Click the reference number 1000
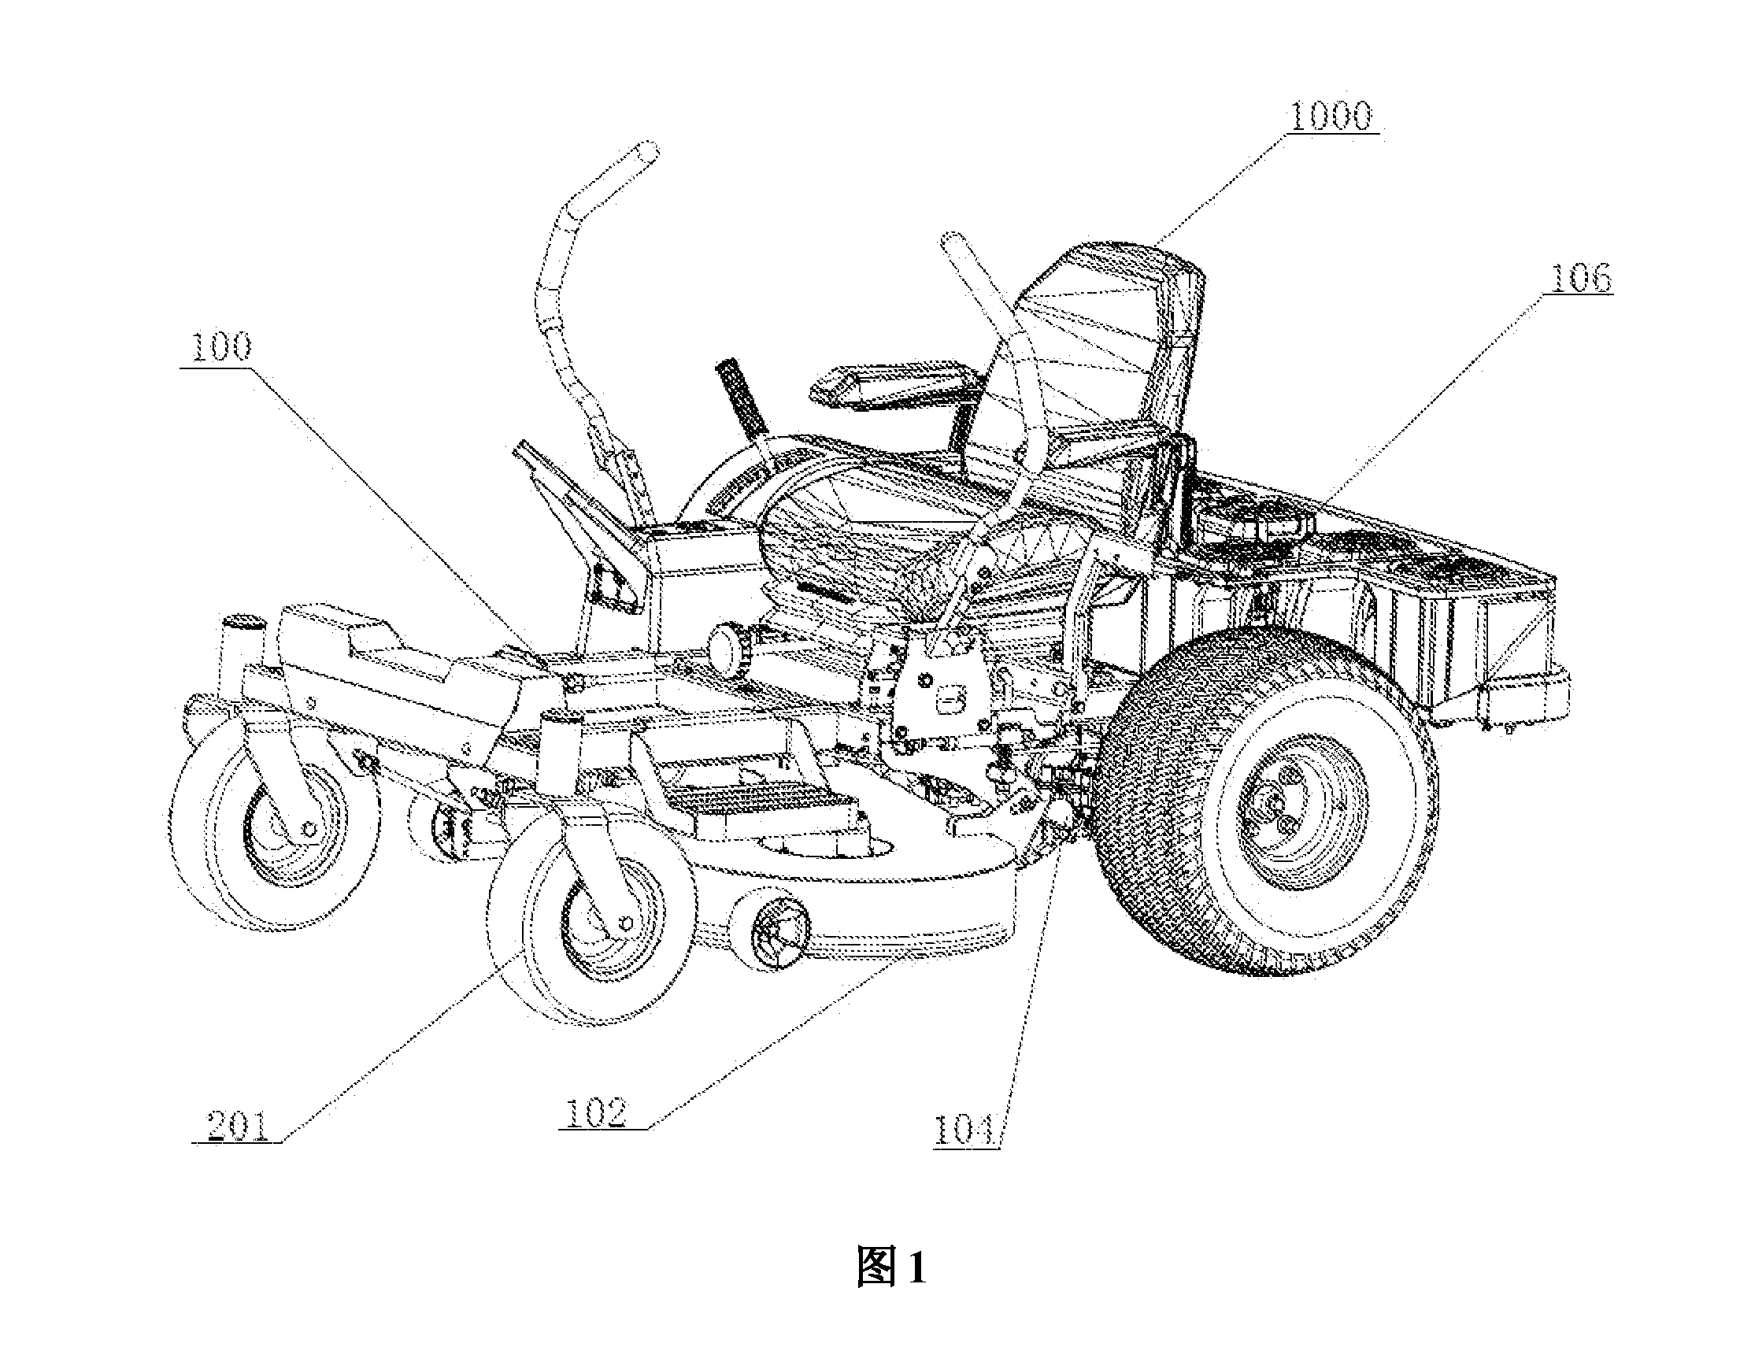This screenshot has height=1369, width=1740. coord(1331,117)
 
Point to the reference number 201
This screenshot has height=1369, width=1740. coord(237,1125)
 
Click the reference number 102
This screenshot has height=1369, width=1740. coord(595,1113)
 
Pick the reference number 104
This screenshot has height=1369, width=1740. coord(964,1130)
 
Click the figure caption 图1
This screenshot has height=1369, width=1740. coord(890,1267)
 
